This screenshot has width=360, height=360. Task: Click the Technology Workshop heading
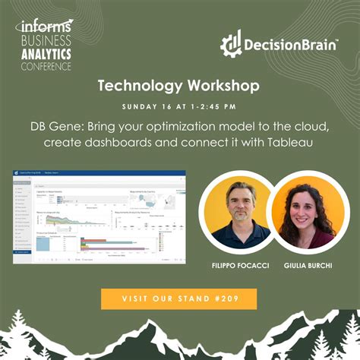point(179,87)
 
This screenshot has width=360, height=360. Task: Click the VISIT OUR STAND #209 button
point(179,298)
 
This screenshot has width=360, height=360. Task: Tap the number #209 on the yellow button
point(226,298)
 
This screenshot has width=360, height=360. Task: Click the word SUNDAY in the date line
point(138,105)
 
